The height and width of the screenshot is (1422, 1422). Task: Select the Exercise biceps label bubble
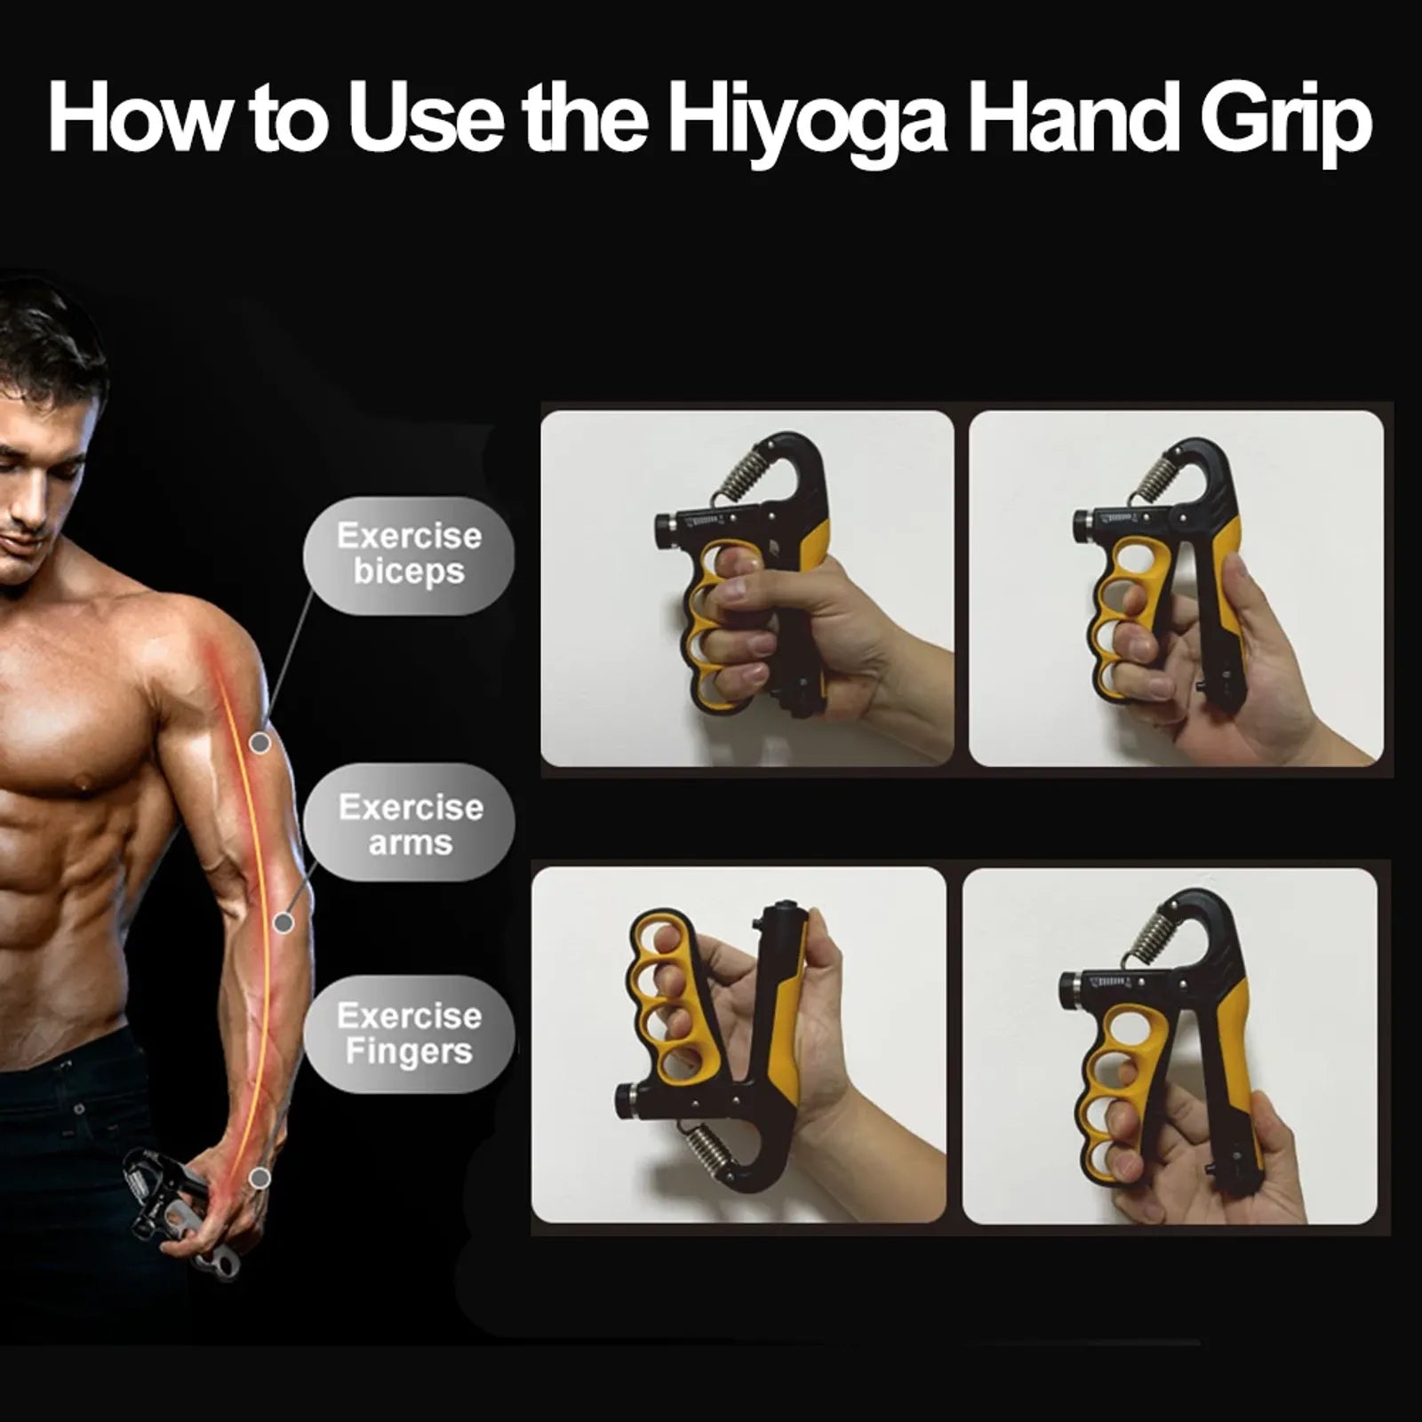[x=409, y=555]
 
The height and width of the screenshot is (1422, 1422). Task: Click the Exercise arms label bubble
[x=410, y=824]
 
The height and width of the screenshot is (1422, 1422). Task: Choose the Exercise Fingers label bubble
[x=409, y=1034]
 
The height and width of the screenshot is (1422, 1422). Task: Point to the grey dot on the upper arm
[x=260, y=743]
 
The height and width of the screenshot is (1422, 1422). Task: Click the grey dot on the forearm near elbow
[x=284, y=923]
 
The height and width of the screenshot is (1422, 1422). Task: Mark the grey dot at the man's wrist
[x=260, y=1178]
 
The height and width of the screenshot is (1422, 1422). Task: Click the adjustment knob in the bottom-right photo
[x=1069, y=989]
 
